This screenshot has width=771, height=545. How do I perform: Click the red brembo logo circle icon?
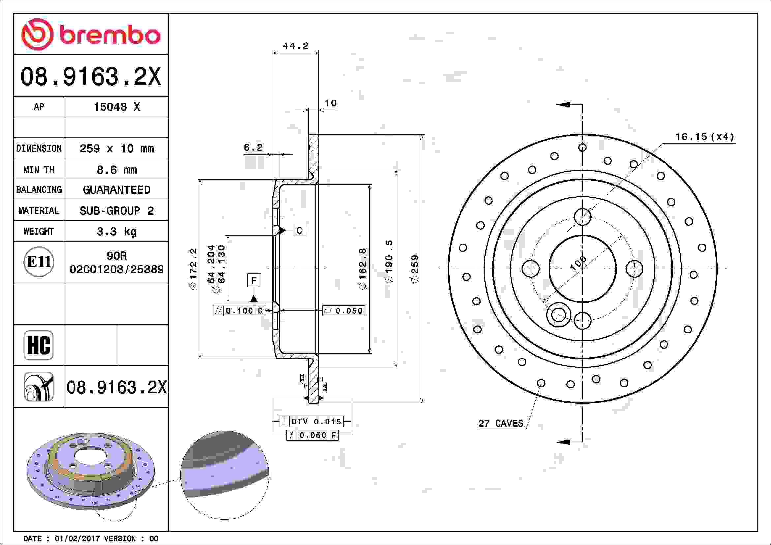(37, 35)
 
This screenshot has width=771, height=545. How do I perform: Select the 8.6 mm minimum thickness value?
(117, 170)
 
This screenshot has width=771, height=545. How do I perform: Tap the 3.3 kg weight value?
(117, 231)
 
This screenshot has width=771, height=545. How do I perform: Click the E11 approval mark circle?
(39, 262)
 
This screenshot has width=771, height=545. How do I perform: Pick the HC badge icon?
(39, 345)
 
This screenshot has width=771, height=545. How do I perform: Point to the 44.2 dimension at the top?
(295, 46)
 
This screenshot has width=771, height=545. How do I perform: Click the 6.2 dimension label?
(253, 147)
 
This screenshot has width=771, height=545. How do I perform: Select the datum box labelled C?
(299, 230)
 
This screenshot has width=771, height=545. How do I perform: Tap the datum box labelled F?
(254, 280)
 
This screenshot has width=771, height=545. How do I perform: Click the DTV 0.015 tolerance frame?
(311, 421)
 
